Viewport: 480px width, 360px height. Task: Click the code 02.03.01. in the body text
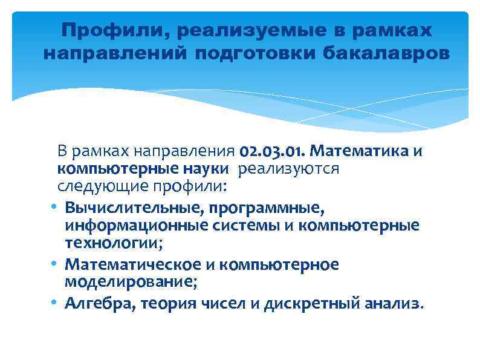tap(274, 150)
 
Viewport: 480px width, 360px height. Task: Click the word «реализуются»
tap(288, 168)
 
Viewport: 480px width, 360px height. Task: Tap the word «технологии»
tap(114, 243)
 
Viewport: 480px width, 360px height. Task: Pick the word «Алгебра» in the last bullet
tap(99, 303)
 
